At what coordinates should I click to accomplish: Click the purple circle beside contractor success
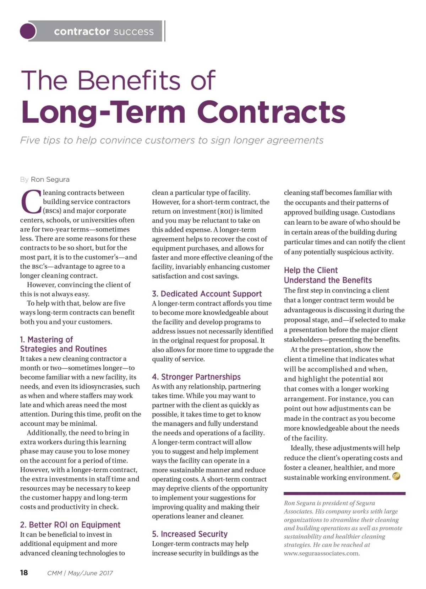28,31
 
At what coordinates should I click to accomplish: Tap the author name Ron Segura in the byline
50,180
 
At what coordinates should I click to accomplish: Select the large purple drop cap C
31,202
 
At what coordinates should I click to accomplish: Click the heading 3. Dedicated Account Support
207,294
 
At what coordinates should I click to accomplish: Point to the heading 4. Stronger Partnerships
196,377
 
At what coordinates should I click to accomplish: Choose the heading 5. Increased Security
190,534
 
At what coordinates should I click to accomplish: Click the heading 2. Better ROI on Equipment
70,525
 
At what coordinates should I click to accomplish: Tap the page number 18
24,573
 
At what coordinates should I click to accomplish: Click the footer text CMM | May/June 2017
80,573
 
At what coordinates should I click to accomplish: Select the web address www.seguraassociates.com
322,553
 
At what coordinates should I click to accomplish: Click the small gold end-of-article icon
397,477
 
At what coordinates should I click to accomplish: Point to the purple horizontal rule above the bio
344,493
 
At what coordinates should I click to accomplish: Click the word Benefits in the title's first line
129,80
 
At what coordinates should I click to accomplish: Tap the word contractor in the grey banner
82,32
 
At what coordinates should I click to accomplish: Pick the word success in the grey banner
133,32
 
